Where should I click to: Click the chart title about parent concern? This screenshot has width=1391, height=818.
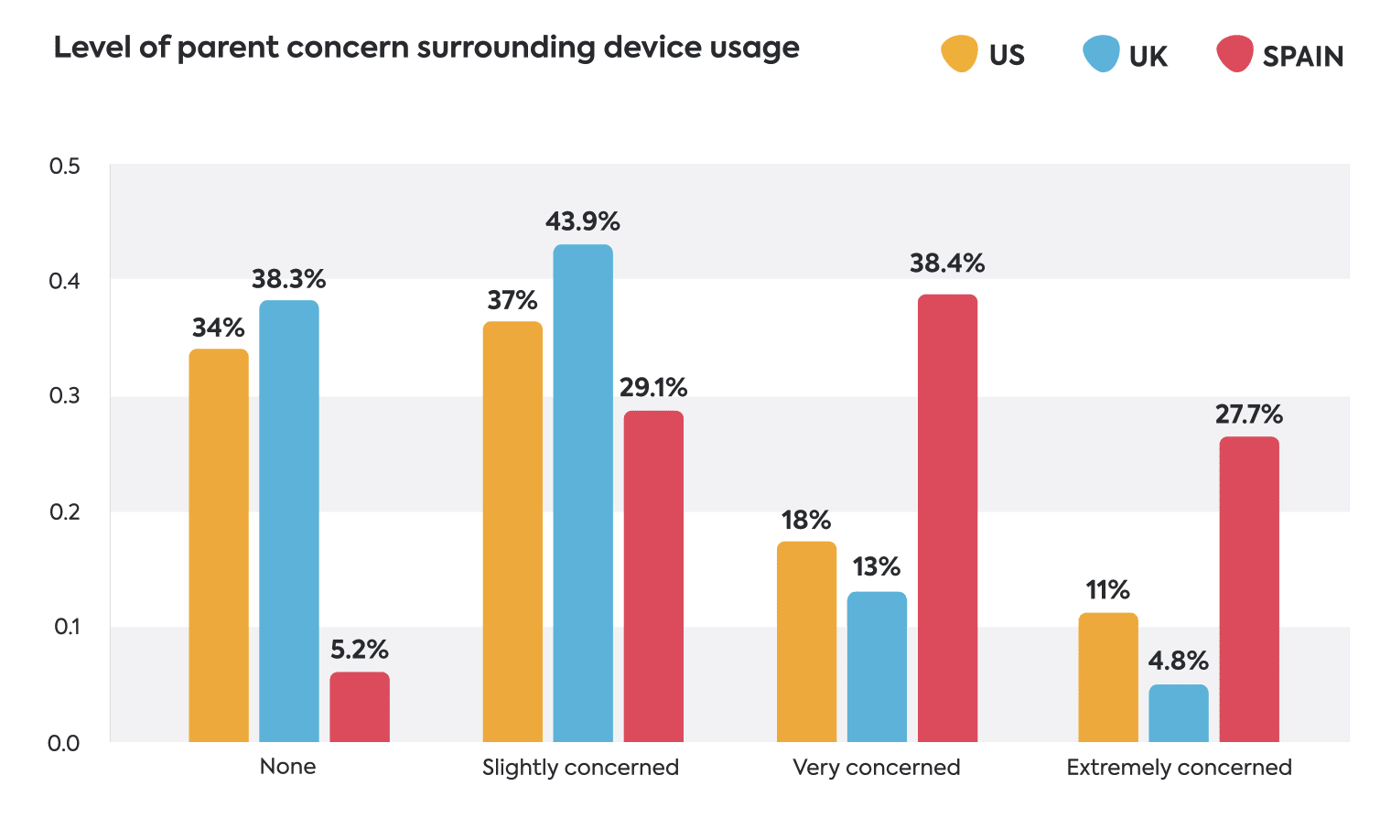[426, 48]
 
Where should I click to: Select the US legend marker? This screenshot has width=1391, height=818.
[959, 54]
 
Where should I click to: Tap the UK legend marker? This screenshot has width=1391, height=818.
[1101, 54]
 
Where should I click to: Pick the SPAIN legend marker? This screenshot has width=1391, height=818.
[1235, 54]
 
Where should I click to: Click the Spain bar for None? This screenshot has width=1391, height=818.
[360, 707]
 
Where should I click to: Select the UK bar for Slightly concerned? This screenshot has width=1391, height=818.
[583, 493]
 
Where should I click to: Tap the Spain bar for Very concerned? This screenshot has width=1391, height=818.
[947, 518]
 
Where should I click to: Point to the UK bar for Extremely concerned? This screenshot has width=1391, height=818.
[1179, 714]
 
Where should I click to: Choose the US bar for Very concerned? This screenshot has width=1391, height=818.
[806, 641]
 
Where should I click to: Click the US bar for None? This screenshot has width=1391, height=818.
[219, 545]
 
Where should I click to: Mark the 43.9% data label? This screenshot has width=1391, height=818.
[583, 222]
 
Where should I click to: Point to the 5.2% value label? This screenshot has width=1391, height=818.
[360, 651]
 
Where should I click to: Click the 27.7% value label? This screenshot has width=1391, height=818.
[1249, 415]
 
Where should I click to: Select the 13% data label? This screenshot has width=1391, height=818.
[877, 567]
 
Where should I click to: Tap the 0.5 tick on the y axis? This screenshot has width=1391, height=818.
[65, 167]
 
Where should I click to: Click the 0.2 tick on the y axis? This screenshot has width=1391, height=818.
[65, 511]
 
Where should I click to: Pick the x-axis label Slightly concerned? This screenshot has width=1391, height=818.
[581, 768]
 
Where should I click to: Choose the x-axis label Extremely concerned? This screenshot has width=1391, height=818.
[1179, 768]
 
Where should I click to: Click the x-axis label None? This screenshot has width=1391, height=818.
[287, 767]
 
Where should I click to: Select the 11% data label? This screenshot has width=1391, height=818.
[1107, 590]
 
